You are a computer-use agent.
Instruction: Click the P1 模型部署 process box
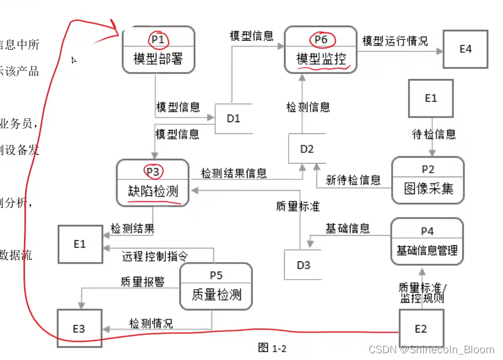click(x=158, y=49)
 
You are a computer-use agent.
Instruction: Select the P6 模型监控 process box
click(x=321, y=49)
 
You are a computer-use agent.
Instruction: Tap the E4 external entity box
click(x=465, y=49)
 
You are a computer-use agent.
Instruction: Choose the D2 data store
click(x=307, y=149)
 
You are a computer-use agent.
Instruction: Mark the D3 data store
click(x=303, y=265)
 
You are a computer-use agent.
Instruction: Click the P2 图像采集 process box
click(x=428, y=180)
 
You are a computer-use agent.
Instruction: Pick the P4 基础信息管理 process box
click(x=426, y=241)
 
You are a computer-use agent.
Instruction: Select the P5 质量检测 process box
click(x=216, y=286)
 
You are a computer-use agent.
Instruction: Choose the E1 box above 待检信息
click(x=430, y=98)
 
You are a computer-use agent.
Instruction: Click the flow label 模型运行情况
click(x=395, y=41)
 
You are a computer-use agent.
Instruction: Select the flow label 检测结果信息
click(x=233, y=173)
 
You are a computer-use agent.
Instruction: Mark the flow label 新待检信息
click(x=353, y=180)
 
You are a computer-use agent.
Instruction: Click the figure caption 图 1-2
click(x=272, y=348)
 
